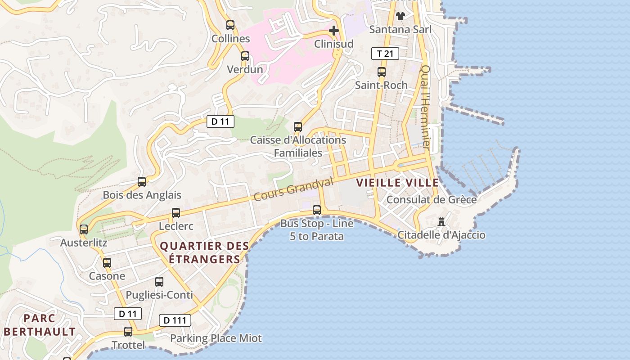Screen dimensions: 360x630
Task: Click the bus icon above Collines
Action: pyautogui.click(x=230, y=25)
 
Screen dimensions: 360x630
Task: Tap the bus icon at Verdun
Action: pyautogui.click(x=245, y=56)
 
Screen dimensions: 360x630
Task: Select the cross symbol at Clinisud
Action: pyautogui.click(x=333, y=31)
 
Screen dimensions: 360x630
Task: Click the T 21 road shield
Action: pyautogui.click(x=385, y=54)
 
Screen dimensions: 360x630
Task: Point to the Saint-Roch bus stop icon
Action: pyautogui.click(x=382, y=72)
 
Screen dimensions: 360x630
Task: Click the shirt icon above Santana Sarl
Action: pyautogui.click(x=400, y=16)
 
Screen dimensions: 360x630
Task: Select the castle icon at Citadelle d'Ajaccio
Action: pyautogui.click(x=441, y=221)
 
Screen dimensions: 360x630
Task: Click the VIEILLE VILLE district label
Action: pyautogui.click(x=397, y=183)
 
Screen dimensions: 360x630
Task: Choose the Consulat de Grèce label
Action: pyautogui.click(x=432, y=199)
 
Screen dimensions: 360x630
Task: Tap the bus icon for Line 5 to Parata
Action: pyautogui.click(x=317, y=210)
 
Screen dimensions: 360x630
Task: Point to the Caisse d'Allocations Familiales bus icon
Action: pyautogui.click(x=297, y=127)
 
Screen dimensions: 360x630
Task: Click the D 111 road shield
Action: pyautogui.click(x=175, y=320)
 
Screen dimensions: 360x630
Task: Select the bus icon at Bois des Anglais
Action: pyautogui.click(x=142, y=182)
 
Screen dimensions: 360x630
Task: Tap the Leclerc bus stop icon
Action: pyautogui.click(x=176, y=213)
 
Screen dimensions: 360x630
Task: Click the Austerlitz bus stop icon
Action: pyautogui.click(x=84, y=229)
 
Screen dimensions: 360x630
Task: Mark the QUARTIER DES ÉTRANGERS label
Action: pyautogui.click(x=204, y=252)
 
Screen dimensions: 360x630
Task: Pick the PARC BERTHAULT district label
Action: pyautogui.click(x=40, y=325)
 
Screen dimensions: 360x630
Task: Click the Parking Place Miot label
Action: pyautogui.click(x=216, y=338)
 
